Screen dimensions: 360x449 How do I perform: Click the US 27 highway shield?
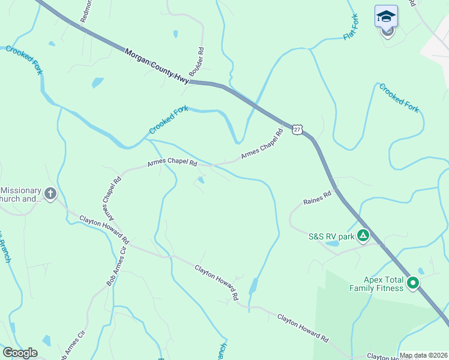pos(298,129)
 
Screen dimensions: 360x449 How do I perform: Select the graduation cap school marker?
pos(387,17)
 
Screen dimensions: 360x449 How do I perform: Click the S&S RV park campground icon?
pos(363,236)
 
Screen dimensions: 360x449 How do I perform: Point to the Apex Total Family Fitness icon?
pos(413,283)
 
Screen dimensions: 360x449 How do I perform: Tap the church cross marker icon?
pos(50,194)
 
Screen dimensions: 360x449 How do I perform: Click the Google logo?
pos(20,353)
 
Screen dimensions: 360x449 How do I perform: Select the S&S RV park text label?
pos(332,236)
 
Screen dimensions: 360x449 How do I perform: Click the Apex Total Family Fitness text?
pos(377,283)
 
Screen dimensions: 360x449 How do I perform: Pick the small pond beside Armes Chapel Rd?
pos(201,179)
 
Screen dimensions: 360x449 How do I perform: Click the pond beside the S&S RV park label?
pos(331,244)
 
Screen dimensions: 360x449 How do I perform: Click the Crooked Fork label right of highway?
pos(399,97)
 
